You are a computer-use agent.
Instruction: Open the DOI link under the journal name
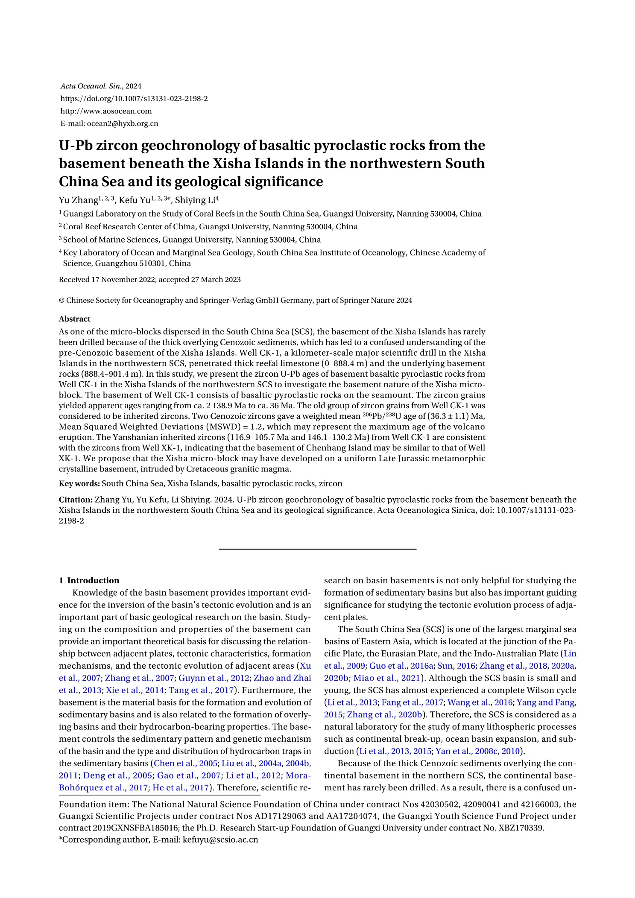click(x=134, y=99)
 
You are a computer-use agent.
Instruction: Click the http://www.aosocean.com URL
click(x=106, y=111)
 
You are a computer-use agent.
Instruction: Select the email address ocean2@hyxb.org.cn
click(x=123, y=124)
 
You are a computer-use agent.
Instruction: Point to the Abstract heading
click(x=74, y=319)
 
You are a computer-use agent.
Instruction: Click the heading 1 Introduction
click(x=89, y=580)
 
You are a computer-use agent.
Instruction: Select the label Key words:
click(x=79, y=483)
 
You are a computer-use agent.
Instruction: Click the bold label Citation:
click(x=76, y=500)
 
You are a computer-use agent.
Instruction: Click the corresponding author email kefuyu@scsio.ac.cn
click(x=220, y=839)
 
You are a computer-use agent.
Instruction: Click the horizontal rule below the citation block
click(x=317, y=549)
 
